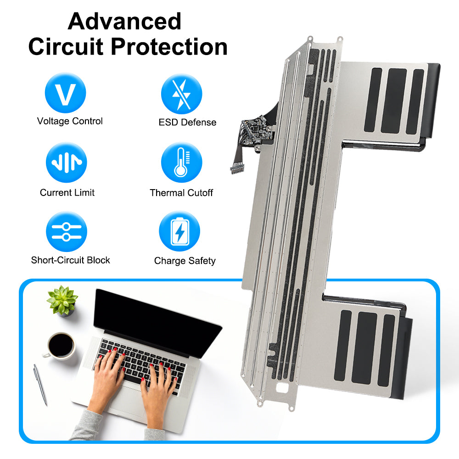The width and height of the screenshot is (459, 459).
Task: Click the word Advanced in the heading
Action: [124, 22]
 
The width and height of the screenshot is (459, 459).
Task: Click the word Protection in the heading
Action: [169, 47]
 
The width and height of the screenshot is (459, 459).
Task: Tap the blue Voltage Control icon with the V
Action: [65, 93]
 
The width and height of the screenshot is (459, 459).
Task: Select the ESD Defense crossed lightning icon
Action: [181, 94]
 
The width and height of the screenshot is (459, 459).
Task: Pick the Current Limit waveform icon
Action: [67, 162]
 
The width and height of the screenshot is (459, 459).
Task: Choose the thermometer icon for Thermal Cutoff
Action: [181, 162]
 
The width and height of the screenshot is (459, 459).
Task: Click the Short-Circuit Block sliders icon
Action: [67, 231]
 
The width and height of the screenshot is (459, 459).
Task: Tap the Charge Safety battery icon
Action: [179, 231]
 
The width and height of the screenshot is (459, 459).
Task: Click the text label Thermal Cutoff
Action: [181, 193]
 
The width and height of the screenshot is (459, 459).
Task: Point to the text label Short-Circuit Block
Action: [71, 260]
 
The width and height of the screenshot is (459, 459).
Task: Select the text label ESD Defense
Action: [187, 123]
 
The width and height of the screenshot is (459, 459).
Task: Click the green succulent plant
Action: [62, 301]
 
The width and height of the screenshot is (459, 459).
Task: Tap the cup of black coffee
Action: [60, 346]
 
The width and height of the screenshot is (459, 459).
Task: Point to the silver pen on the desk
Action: [40, 384]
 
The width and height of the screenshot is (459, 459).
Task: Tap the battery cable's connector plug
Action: [236, 169]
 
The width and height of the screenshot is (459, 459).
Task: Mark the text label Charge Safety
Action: [185, 261]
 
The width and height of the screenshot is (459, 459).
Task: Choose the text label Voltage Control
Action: [70, 121]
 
